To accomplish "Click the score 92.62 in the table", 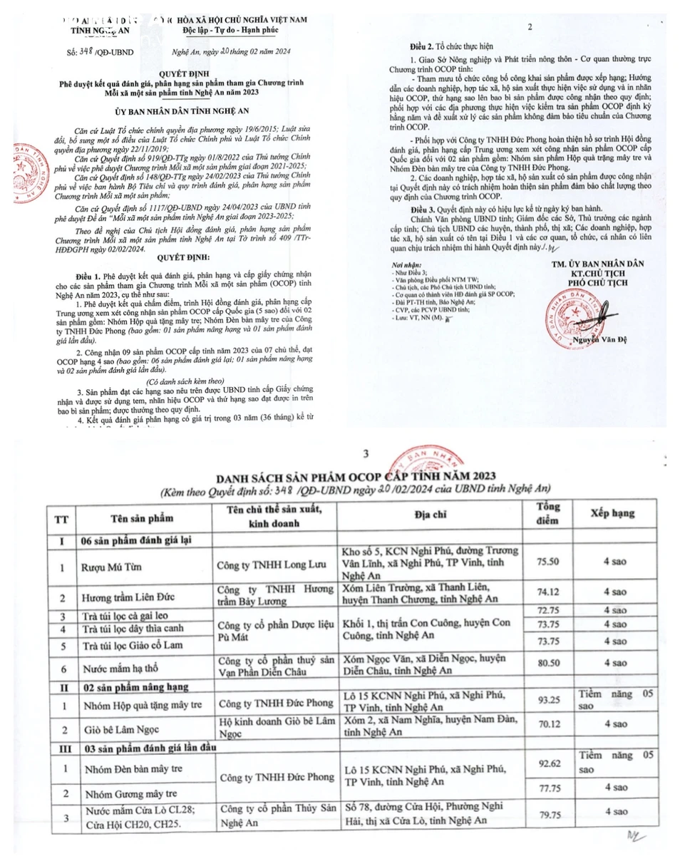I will tap(547, 763).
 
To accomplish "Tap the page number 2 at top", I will tap(530, 26).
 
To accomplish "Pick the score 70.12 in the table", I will tap(547, 723).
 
